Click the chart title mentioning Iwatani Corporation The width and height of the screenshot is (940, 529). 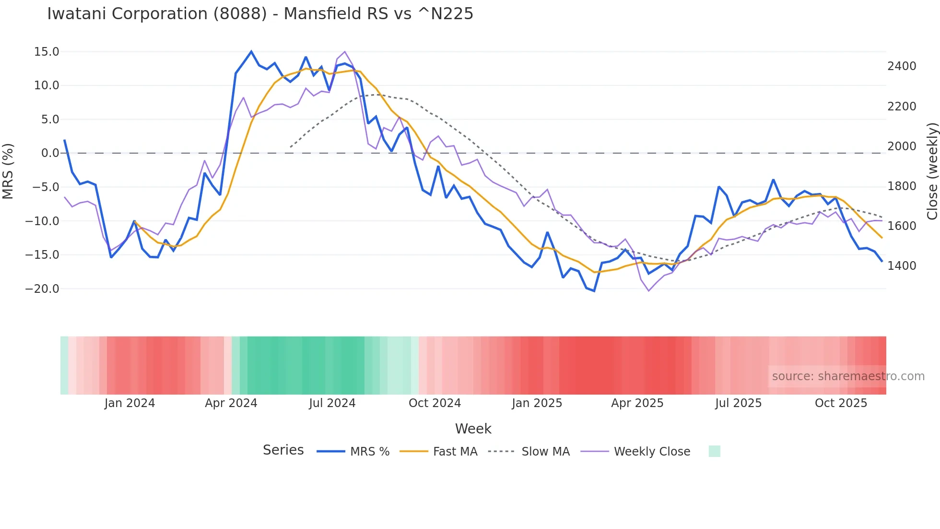pyautogui.click(x=260, y=14)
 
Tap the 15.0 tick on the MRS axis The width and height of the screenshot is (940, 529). pyautogui.click(x=47, y=52)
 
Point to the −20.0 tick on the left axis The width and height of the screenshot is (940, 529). pyautogui.click(x=42, y=289)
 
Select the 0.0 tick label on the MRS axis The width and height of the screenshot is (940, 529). pyautogui.click(x=50, y=153)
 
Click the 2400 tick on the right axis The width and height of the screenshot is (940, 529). pyautogui.click(x=902, y=66)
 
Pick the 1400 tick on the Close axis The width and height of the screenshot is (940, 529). pyautogui.click(x=902, y=266)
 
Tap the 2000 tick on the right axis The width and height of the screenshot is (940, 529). pyautogui.click(x=902, y=146)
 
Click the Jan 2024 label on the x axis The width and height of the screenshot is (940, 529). pyautogui.click(x=129, y=403)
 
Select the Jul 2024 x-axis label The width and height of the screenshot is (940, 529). pyautogui.click(x=332, y=403)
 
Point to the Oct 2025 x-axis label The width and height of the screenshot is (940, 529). pyautogui.click(x=841, y=403)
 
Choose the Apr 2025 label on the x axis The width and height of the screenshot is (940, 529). pyautogui.click(x=637, y=403)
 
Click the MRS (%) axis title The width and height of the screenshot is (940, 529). pyautogui.click(x=8, y=171)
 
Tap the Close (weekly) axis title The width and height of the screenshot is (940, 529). pyautogui.click(x=932, y=171)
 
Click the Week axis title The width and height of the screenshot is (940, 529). pyautogui.click(x=473, y=429)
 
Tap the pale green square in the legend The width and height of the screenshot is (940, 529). pyautogui.click(x=714, y=451)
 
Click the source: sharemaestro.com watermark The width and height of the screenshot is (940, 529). pyautogui.click(x=848, y=376)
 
